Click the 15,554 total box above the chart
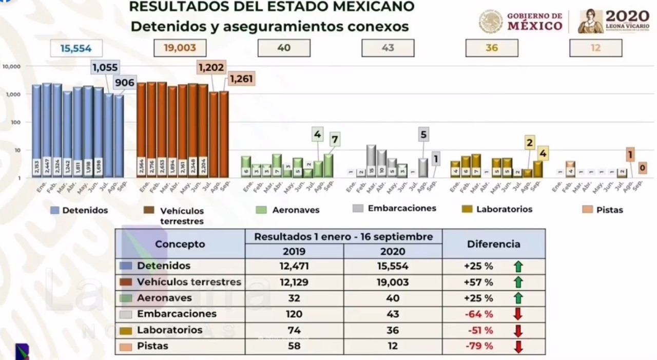tap(76, 49)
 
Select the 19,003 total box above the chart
tap(180, 48)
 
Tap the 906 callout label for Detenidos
tap(125, 83)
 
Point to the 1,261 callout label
tap(242, 79)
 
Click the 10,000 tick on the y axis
tap(11, 67)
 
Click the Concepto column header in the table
tap(180, 244)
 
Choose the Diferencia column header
tap(493, 244)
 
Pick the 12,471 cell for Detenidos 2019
tap(294, 266)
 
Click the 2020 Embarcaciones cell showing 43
tap(393, 314)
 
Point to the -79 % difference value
tap(478, 346)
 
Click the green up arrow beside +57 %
tap(518, 282)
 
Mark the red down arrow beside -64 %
tap(518, 314)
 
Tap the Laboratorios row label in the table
tap(169, 330)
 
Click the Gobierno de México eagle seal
tap(491, 22)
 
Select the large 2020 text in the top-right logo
tap(628, 15)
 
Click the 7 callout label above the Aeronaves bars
tap(334, 139)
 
